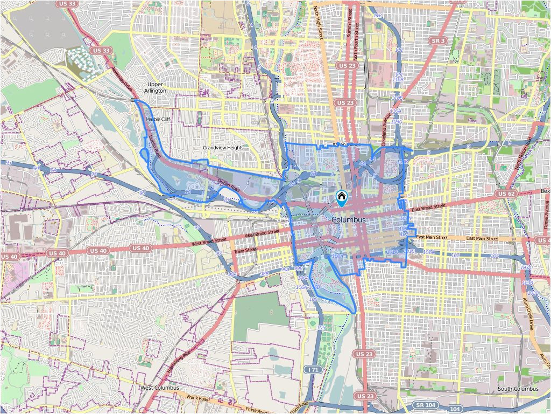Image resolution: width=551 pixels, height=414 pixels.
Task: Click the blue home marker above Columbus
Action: click(x=341, y=198)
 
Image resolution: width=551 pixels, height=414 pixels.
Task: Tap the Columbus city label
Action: click(x=348, y=220)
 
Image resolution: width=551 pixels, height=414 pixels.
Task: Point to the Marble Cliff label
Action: click(x=158, y=119)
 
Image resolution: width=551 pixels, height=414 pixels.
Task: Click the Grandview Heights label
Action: click(x=223, y=148)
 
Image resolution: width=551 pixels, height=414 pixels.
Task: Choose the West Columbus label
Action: click(x=159, y=388)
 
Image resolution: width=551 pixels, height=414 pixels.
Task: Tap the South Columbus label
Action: click(x=518, y=389)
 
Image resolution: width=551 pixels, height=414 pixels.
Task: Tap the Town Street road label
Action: click(x=245, y=250)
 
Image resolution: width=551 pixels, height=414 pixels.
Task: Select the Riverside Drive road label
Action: click(x=122, y=79)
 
